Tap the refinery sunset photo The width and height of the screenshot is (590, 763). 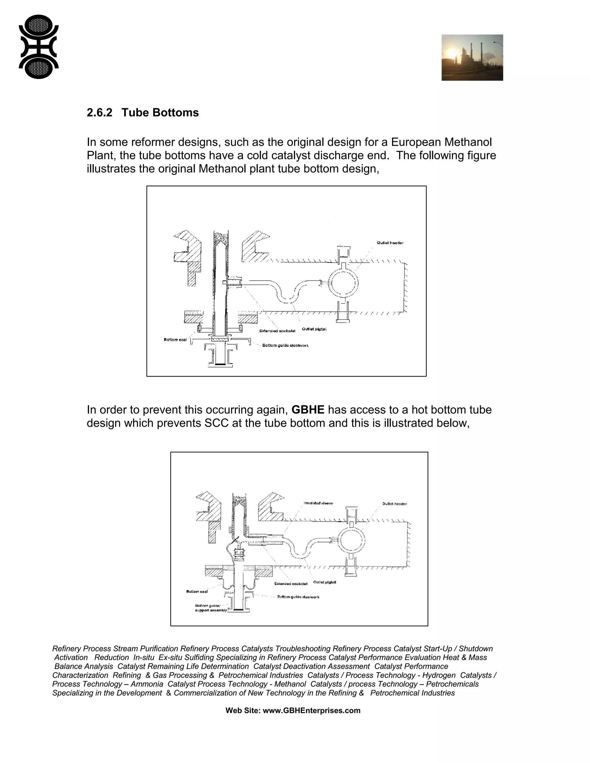click(472, 57)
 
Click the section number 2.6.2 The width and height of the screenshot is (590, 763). click(99, 113)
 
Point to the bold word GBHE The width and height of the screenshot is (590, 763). click(308, 409)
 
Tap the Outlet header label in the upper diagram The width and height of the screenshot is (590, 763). click(390, 243)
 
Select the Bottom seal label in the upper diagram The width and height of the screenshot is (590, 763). click(175, 339)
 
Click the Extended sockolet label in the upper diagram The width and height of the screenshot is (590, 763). click(277, 331)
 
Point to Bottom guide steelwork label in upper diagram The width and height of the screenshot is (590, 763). click(285, 345)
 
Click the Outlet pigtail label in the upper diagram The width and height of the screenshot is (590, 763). click(314, 329)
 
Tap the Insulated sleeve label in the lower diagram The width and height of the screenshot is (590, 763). click(318, 503)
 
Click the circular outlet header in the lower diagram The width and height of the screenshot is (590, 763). click(352, 540)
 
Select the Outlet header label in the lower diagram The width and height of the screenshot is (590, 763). click(394, 504)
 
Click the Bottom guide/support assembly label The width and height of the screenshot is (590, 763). click(210, 608)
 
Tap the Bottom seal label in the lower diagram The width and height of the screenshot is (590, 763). click(197, 591)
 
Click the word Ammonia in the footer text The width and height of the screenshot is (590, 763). click(147, 684)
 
